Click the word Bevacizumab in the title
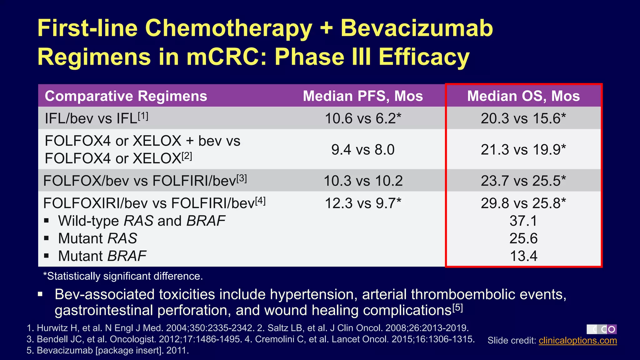417,28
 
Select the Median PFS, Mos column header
363,96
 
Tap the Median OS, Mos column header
523,96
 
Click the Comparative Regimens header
126,96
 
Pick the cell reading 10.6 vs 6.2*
363,118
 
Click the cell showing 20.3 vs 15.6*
523,118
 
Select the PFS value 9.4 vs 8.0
363,149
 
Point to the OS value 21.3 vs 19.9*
523,149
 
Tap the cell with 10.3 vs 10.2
363,181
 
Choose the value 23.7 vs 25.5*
523,181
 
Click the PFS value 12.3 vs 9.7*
363,203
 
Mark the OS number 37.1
523,221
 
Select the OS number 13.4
523,256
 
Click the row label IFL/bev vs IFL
96,118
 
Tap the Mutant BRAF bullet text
102,256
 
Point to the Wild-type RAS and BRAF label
142,221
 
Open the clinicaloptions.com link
577,340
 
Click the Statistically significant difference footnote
123,276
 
